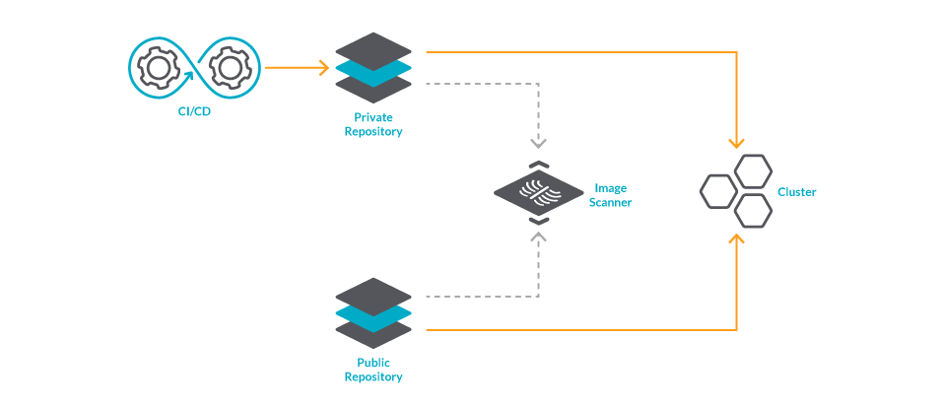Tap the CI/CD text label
pos(193,111)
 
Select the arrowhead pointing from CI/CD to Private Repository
pos(322,68)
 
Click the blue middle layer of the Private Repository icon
pos(372,69)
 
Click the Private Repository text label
pos(372,124)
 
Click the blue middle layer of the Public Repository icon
pos(372,314)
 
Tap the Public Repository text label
pos(372,370)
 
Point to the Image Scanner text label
pos(610,195)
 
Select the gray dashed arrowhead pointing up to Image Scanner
pos(539,237)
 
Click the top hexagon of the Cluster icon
pos(754,170)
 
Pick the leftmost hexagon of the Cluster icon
pos(717,191)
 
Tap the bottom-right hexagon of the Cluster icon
pos(754,210)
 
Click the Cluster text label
pos(796,192)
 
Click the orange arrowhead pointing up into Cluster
pos(736,239)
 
